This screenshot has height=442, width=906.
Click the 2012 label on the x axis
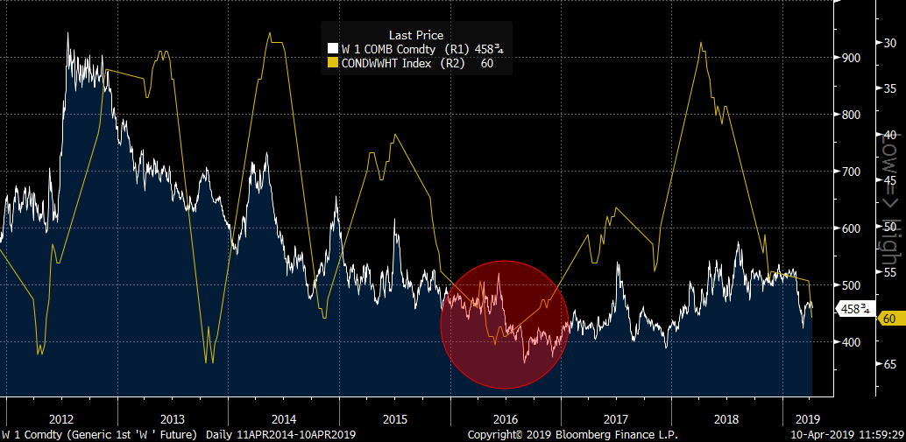click(61, 418)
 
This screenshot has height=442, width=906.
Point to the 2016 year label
click(506, 418)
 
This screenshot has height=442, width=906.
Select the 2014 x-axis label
click(284, 418)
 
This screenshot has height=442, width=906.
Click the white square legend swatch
click(333, 49)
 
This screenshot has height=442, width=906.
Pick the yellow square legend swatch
click(333, 63)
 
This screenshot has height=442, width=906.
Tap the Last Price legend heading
click(416, 35)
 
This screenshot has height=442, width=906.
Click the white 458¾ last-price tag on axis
click(854, 308)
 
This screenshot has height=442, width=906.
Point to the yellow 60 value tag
click(888, 319)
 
